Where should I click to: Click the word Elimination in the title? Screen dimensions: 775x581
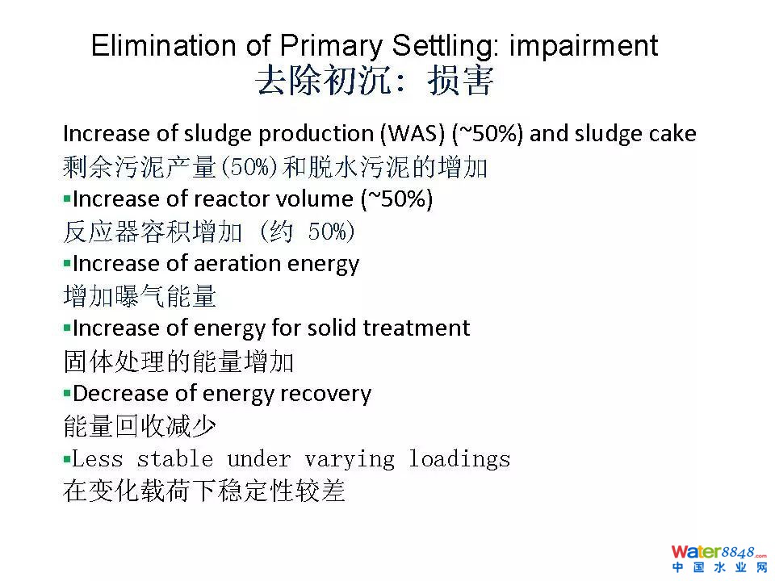pyautogui.click(x=165, y=45)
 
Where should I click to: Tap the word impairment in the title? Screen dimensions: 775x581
pyautogui.click(x=583, y=47)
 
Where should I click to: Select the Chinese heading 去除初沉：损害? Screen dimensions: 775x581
pyautogui.click(x=374, y=81)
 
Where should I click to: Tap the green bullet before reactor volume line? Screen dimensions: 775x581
pyautogui.click(x=67, y=199)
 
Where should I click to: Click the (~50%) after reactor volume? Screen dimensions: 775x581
pyautogui.click(x=396, y=199)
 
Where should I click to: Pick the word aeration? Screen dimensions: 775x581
pyautogui.click(x=237, y=264)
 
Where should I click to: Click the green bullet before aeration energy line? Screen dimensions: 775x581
pyautogui.click(x=67, y=264)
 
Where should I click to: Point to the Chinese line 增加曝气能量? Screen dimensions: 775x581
pyautogui.click(x=140, y=296)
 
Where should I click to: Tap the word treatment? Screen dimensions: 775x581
pyautogui.click(x=417, y=328)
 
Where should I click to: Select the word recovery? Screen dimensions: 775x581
pyautogui.click(x=325, y=394)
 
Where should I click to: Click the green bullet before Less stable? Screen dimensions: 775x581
pyautogui.click(x=67, y=460)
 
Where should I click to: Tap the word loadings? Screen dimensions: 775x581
pyautogui.click(x=459, y=459)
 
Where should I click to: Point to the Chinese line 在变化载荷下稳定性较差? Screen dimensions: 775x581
pyautogui.click(x=204, y=491)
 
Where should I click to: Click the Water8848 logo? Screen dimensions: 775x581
pyautogui.click(x=718, y=558)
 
